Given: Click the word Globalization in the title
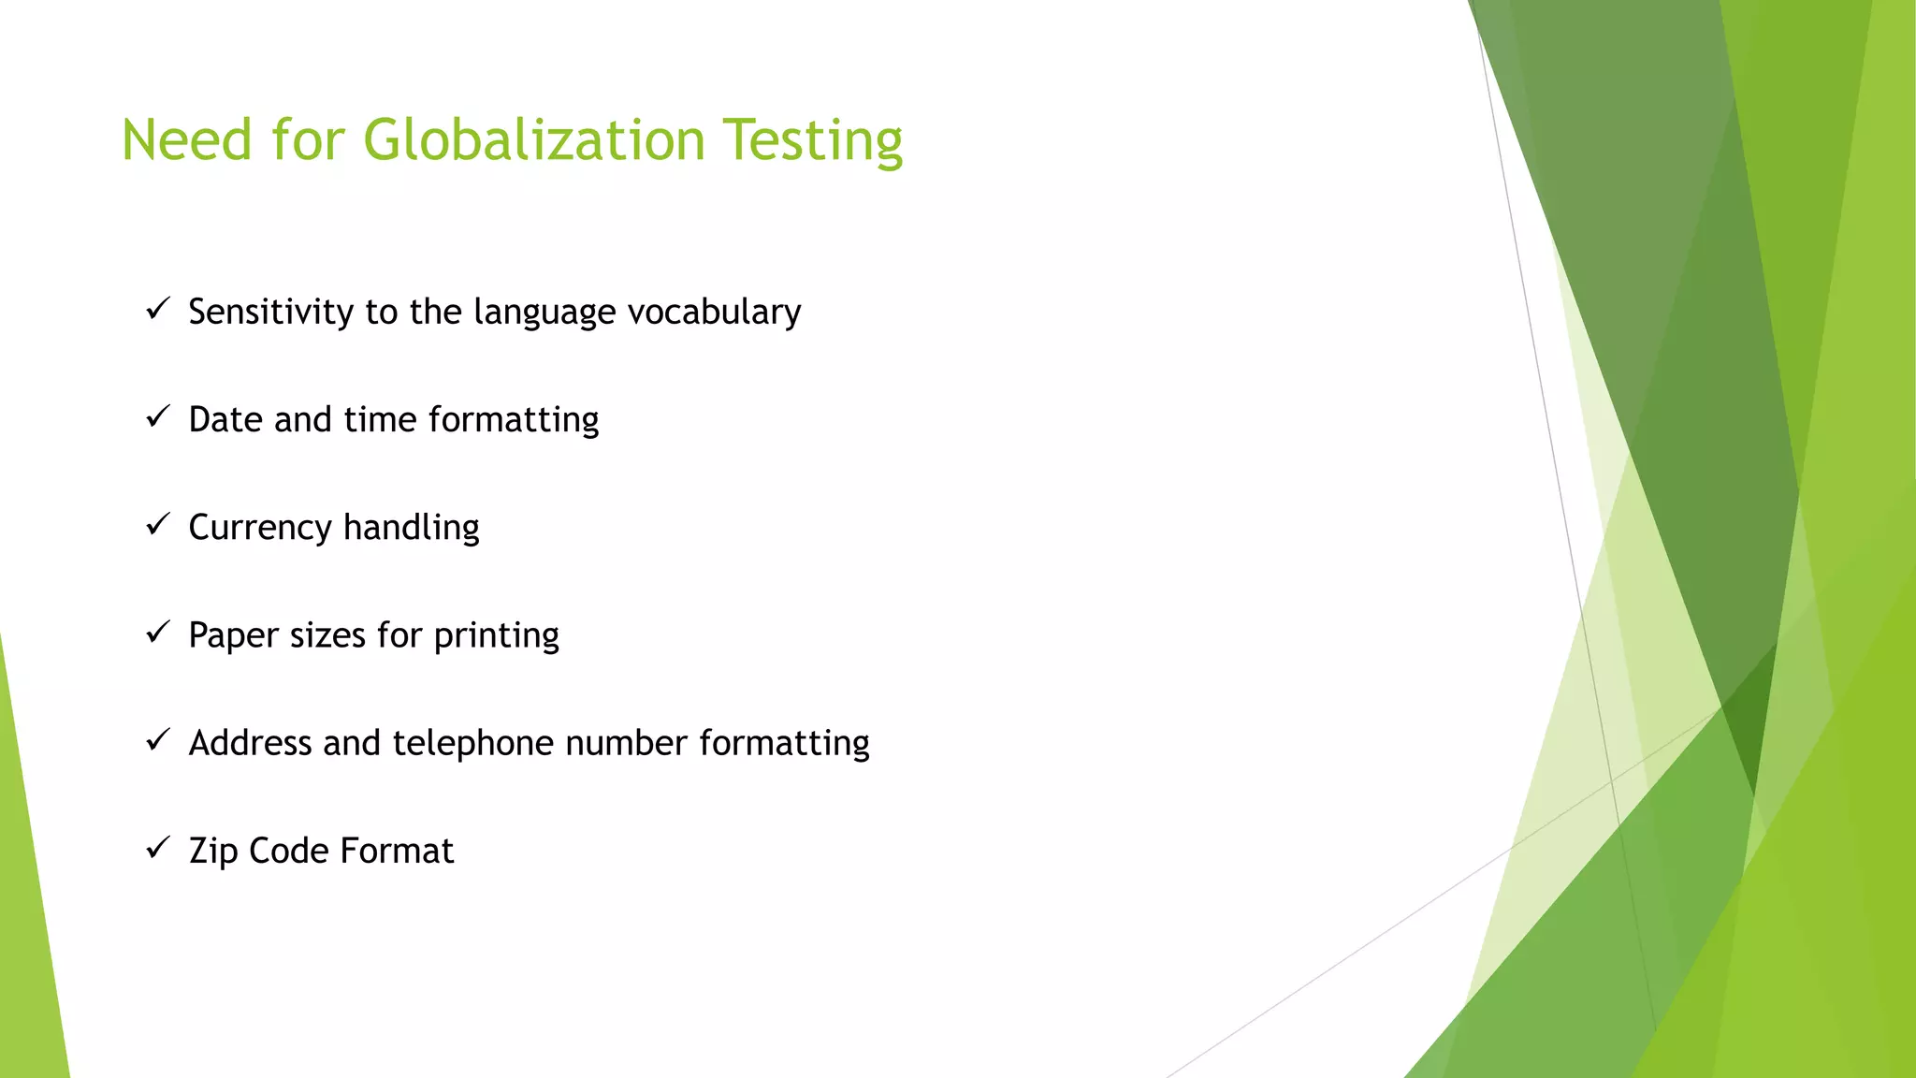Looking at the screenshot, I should pyautogui.click(x=533, y=140).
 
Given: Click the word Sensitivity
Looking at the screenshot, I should pyautogui.click(x=270, y=313).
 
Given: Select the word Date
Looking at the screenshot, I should pyautogui.click(x=225, y=419).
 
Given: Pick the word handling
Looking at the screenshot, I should pyautogui.click(x=412, y=528).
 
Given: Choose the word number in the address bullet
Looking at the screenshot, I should pyautogui.click(x=627, y=743).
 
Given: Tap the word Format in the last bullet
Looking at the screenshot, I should pyautogui.click(x=397, y=851).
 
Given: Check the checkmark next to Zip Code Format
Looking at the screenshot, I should pyautogui.click(x=157, y=847).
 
